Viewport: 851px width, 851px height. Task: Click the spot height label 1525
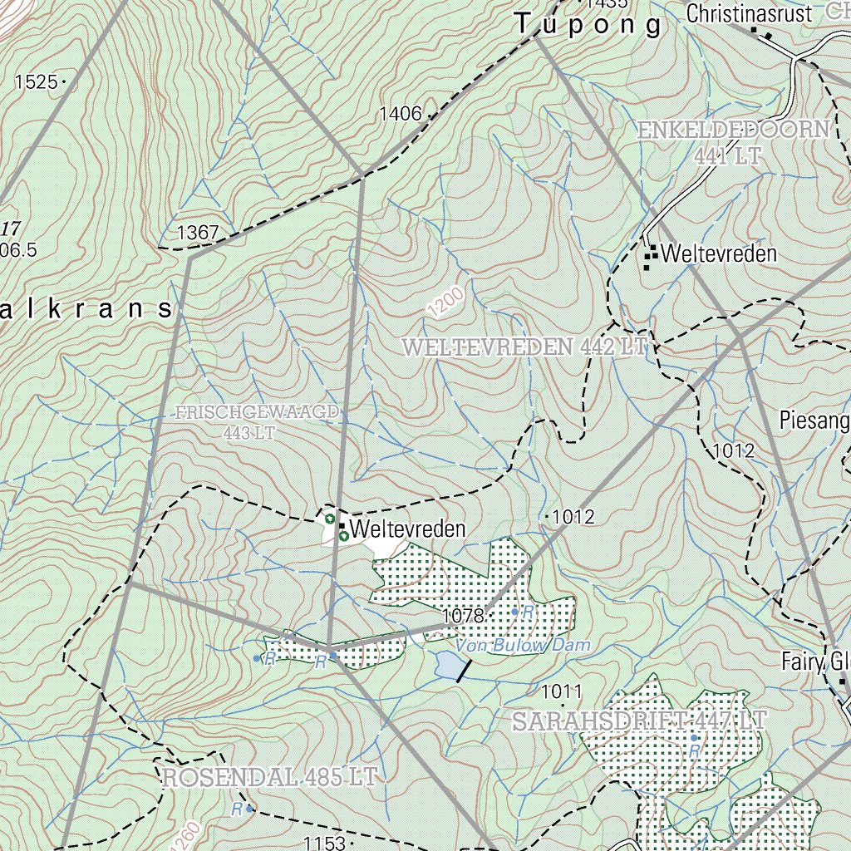tap(36, 81)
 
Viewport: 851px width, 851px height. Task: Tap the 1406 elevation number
tap(401, 114)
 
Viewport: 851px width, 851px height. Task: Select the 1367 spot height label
tap(198, 233)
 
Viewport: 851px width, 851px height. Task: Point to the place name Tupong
tap(588, 25)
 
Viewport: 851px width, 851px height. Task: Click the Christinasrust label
tap(750, 13)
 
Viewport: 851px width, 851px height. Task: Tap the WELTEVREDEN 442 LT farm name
tap(524, 347)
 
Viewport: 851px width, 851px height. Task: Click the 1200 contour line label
tap(446, 303)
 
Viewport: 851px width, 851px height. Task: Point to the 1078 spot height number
tap(463, 616)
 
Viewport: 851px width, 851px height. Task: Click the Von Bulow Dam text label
tap(523, 645)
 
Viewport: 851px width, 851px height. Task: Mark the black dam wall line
tap(464, 671)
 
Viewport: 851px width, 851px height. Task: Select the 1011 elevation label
tap(562, 691)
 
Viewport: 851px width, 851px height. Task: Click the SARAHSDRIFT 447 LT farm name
tap(637, 721)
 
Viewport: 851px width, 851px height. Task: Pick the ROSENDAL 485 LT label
tap(270, 778)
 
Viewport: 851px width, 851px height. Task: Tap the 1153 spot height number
tap(323, 844)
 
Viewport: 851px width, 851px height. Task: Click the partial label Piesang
tap(814, 421)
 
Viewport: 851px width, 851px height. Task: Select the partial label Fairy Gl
tap(816, 662)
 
